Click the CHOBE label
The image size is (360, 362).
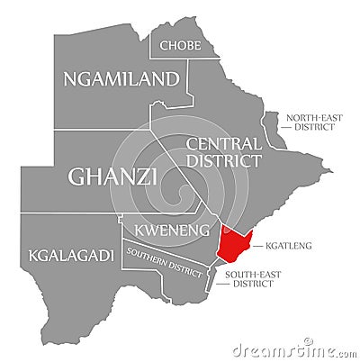point(179,45)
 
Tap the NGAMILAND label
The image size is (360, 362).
point(120,79)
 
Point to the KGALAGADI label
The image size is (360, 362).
point(72,256)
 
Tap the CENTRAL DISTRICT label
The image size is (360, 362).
point(223,152)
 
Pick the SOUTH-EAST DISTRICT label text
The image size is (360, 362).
point(248,278)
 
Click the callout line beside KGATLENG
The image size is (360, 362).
point(257,244)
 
